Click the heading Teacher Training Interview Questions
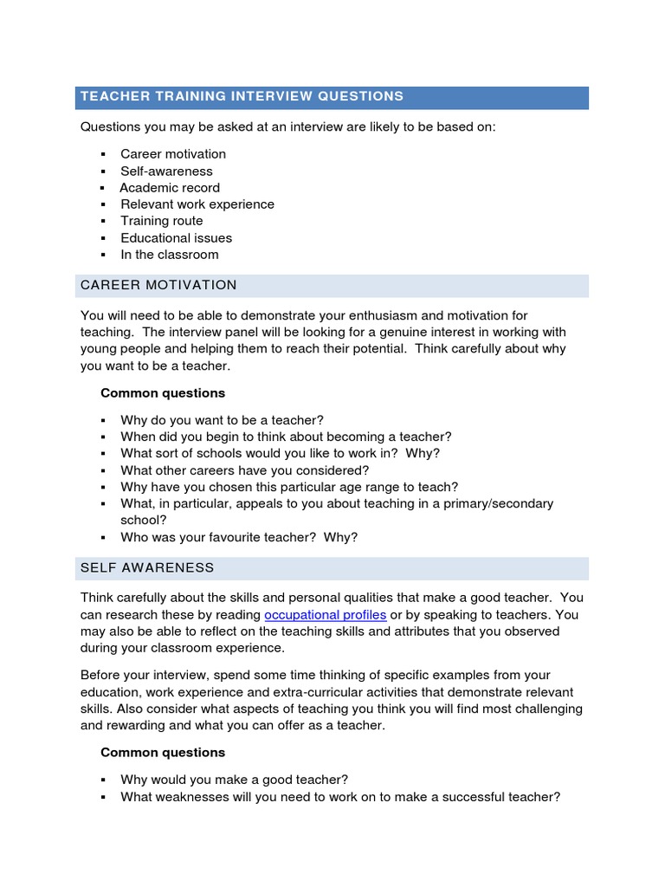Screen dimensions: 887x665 coord(242,96)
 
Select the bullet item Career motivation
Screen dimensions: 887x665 coord(173,154)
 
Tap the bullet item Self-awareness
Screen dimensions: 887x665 coord(166,172)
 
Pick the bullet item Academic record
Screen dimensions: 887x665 coord(170,188)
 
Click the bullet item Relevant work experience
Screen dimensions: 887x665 coord(197,204)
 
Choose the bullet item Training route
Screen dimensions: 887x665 coord(162,221)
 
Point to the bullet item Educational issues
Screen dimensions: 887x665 coord(177,238)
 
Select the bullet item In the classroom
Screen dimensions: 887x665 coord(170,255)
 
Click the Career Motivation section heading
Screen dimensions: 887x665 coord(158,285)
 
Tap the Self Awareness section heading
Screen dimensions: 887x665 coord(147,567)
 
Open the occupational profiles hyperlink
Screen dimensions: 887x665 coord(326,615)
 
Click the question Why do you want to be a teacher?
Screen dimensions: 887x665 coord(222,420)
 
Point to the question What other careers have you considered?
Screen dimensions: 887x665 coord(245,470)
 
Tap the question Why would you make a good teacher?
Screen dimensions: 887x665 coord(234,780)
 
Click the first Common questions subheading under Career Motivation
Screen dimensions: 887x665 coord(163,393)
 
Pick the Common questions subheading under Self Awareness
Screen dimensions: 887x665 coord(163,753)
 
